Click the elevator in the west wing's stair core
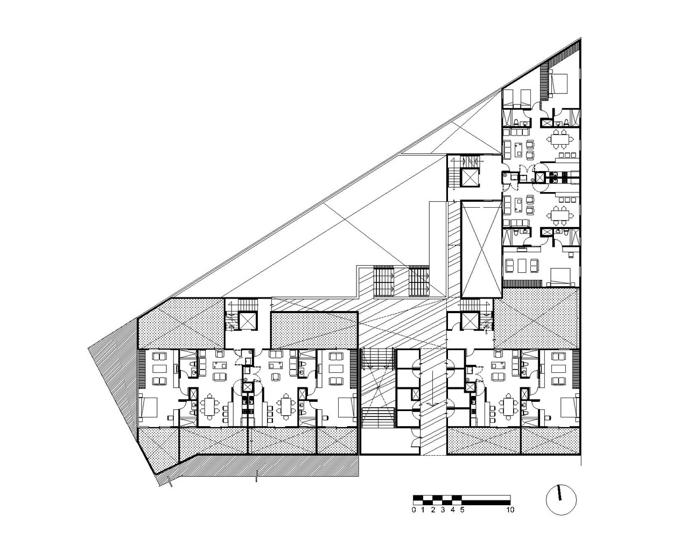(x=248, y=320)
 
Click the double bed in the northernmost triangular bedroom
(x=558, y=83)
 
